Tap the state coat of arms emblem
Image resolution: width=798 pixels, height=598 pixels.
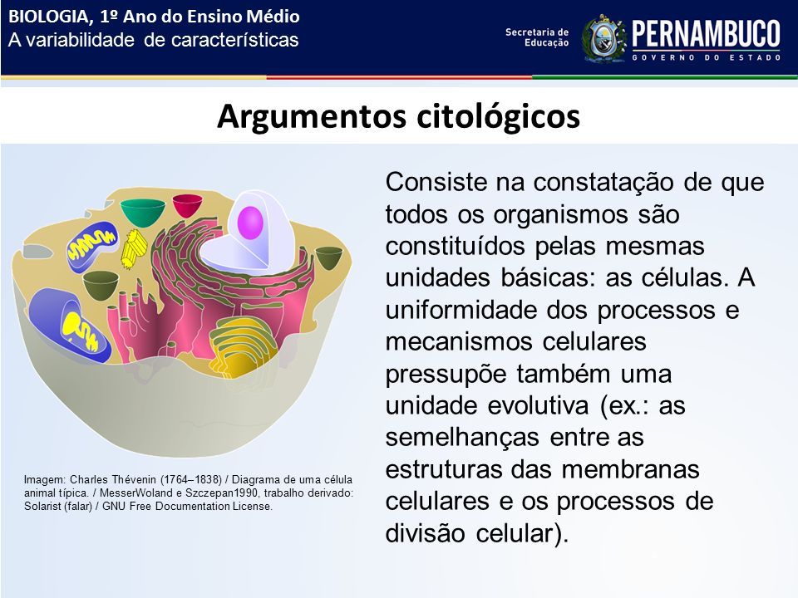pyautogui.click(x=604, y=37)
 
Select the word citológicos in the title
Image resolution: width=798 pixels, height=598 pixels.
pyautogui.click(x=498, y=116)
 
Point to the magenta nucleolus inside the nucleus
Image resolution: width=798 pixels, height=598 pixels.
pyautogui.click(x=250, y=223)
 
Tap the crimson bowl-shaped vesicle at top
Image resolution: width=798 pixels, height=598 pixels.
pyautogui.click(x=187, y=205)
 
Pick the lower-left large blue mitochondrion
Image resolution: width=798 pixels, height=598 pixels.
pyautogui.click(x=69, y=325)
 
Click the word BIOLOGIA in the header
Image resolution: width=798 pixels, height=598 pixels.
pyautogui.click(x=49, y=17)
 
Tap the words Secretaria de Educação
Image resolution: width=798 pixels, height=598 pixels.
pyautogui.click(x=537, y=37)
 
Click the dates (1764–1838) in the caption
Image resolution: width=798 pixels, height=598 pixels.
pyautogui.click(x=191, y=479)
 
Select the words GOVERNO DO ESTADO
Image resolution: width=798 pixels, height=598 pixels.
pyautogui.click(x=707, y=57)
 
